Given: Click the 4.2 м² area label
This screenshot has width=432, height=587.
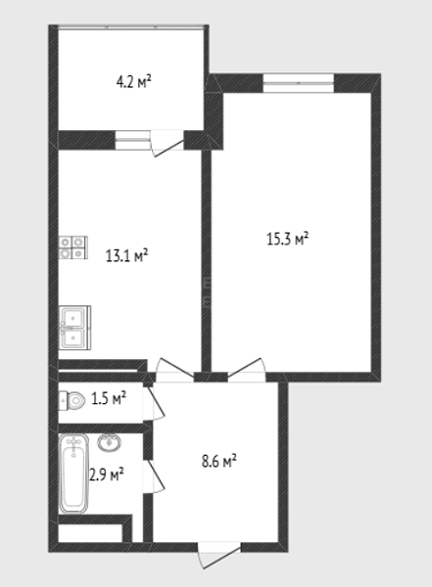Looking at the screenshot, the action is (x=133, y=81).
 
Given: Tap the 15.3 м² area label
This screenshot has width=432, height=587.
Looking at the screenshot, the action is (x=287, y=238).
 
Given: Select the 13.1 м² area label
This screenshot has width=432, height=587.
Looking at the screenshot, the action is (x=127, y=255).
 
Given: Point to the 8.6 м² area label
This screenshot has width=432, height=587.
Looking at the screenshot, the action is (x=219, y=461).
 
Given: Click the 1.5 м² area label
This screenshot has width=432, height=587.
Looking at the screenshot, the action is (x=109, y=398).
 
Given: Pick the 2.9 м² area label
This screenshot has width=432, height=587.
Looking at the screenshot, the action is (x=107, y=474).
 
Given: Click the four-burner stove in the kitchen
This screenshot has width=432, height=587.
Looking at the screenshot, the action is (x=73, y=248).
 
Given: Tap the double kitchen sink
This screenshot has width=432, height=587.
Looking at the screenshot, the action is (x=74, y=328).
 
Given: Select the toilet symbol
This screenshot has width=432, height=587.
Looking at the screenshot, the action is (x=72, y=400).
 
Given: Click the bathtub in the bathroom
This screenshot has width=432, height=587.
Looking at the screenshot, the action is (x=73, y=474).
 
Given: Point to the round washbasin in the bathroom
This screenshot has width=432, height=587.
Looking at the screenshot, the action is (x=109, y=442).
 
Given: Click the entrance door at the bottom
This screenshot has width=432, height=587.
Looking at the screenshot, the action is (x=218, y=555).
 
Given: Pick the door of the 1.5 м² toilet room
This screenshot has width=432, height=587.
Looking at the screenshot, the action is (x=154, y=401).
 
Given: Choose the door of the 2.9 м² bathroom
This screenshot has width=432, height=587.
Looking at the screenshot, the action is (x=154, y=476).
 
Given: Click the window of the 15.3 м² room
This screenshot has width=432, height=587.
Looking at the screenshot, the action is (x=299, y=83).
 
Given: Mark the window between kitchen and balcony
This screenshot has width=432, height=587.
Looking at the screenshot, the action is (x=133, y=140).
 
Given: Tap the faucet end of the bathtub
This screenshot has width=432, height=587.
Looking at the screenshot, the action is (x=73, y=443).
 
